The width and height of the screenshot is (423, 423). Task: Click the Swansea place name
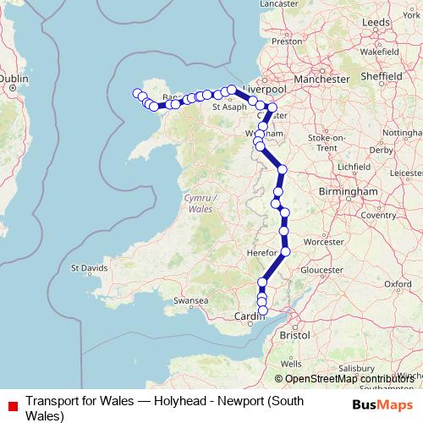coord(190,300)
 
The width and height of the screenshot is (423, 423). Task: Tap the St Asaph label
coord(228,107)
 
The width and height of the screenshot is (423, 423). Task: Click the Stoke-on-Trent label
coord(327,142)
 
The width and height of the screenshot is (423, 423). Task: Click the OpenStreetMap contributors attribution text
coord(348,379)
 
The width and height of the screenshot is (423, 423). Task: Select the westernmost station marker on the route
coord(136,93)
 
